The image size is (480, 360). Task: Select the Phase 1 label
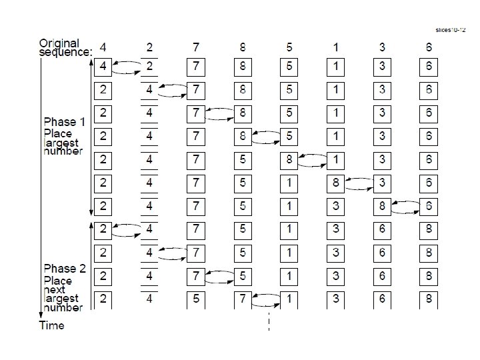(64, 122)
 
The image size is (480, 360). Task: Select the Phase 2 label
(64, 269)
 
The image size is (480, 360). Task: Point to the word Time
(52, 325)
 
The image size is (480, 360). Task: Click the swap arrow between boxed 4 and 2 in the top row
(127, 67)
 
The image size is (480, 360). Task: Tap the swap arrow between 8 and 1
(313, 161)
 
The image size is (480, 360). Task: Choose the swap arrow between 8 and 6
(405, 207)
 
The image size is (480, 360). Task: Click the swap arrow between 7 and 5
(220, 275)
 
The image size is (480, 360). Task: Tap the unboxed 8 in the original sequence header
(243, 47)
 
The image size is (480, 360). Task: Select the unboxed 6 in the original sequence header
(428, 47)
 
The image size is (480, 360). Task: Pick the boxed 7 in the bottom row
(243, 299)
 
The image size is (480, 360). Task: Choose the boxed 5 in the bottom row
(196, 299)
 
